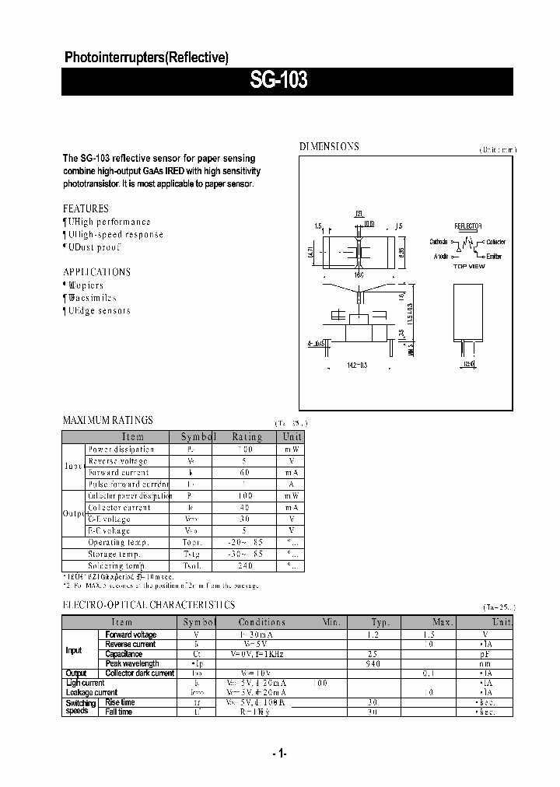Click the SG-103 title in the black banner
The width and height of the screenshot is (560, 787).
(279, 80)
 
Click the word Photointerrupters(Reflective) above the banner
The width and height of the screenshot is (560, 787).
(145, 58)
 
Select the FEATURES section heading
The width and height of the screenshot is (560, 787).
(86, 208)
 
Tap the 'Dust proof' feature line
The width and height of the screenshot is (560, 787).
(96, 247)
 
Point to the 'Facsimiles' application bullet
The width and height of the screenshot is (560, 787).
(93, 298)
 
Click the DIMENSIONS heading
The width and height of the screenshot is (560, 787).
(329, 146)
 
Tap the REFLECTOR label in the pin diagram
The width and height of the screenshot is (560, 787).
(467, 226)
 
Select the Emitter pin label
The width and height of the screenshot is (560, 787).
(495, 256)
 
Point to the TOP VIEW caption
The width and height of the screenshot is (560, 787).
(468, 266)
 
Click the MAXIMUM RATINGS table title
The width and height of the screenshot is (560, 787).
(107, 420)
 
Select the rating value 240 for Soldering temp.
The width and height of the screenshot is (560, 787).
(247, 566)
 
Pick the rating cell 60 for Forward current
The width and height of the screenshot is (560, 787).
(247, 472)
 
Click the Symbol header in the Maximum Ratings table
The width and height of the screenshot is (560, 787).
(198, 437)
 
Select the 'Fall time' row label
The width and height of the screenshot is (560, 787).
(120, 712)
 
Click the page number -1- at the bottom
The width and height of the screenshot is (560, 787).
(280, 754)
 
